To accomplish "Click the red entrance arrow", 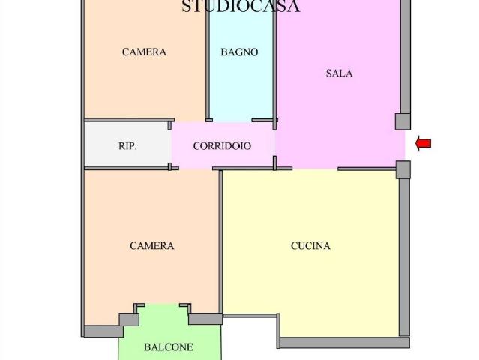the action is (424, 144).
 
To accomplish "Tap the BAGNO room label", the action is (239, 52).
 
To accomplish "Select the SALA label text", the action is (339, 73).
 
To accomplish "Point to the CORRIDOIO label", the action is (222, 146).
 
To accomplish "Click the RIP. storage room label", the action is (127, 146).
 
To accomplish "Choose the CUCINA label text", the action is (310, 246).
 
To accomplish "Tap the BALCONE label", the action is (169, 347).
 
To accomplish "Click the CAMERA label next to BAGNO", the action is (144, 52).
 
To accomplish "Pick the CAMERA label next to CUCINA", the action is (152, 246).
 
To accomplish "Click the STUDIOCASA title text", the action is (241, 6).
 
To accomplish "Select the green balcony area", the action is (169, 336).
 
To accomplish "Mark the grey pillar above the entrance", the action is (403, 121).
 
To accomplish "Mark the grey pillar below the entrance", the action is (403, 170).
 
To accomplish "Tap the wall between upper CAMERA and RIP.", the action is (129, 121).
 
